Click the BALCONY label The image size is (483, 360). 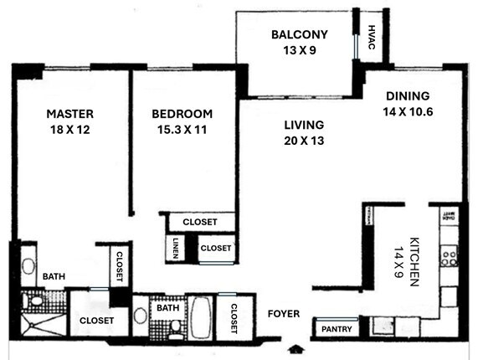click(299, 34)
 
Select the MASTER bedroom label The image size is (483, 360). click(69, 114)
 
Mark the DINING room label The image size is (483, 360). click(408, 95)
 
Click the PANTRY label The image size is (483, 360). click(337, 329)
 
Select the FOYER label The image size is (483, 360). click(284, 314)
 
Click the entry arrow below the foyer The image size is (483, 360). click(294, 347)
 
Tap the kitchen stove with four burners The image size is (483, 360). click(450, 253)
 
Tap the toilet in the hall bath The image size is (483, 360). click(176, 327)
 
